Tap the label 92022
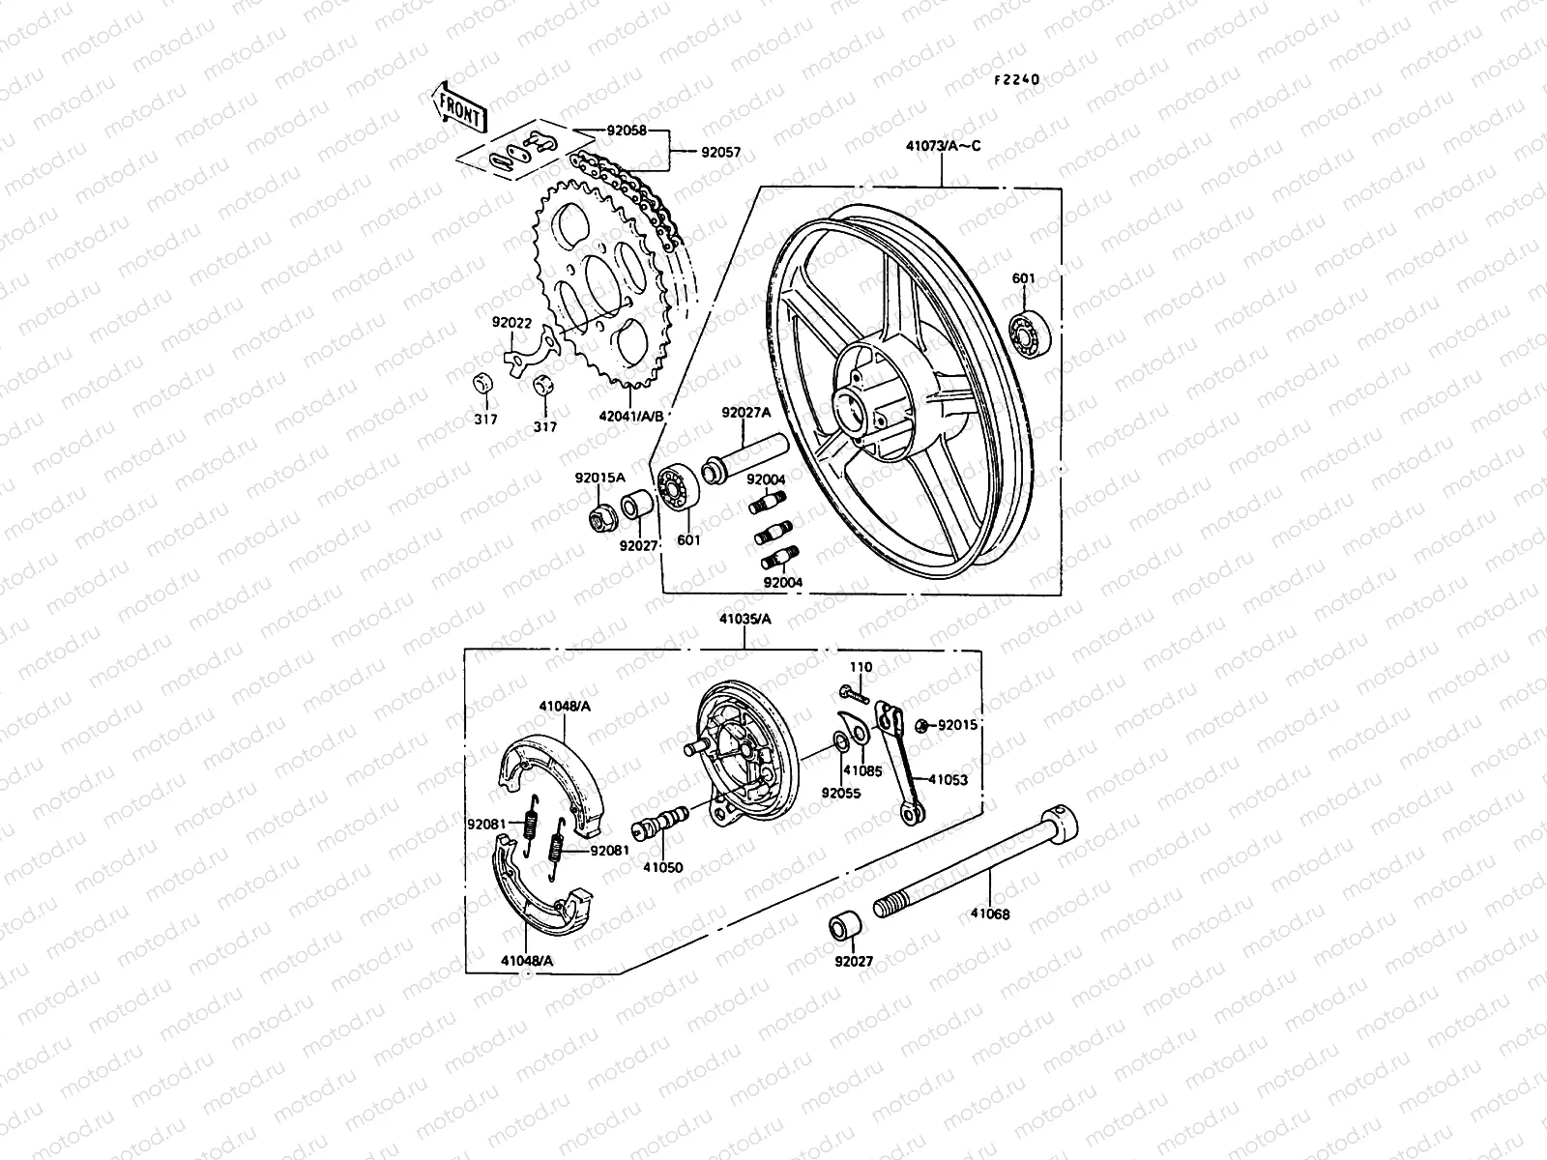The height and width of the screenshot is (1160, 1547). pos(512,322)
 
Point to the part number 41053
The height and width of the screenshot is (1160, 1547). pos(949,778)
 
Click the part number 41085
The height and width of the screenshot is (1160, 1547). pos(862,771)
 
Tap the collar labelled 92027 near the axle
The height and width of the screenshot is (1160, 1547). pos(844,926)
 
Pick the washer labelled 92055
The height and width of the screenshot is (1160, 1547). pos(838,742)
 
